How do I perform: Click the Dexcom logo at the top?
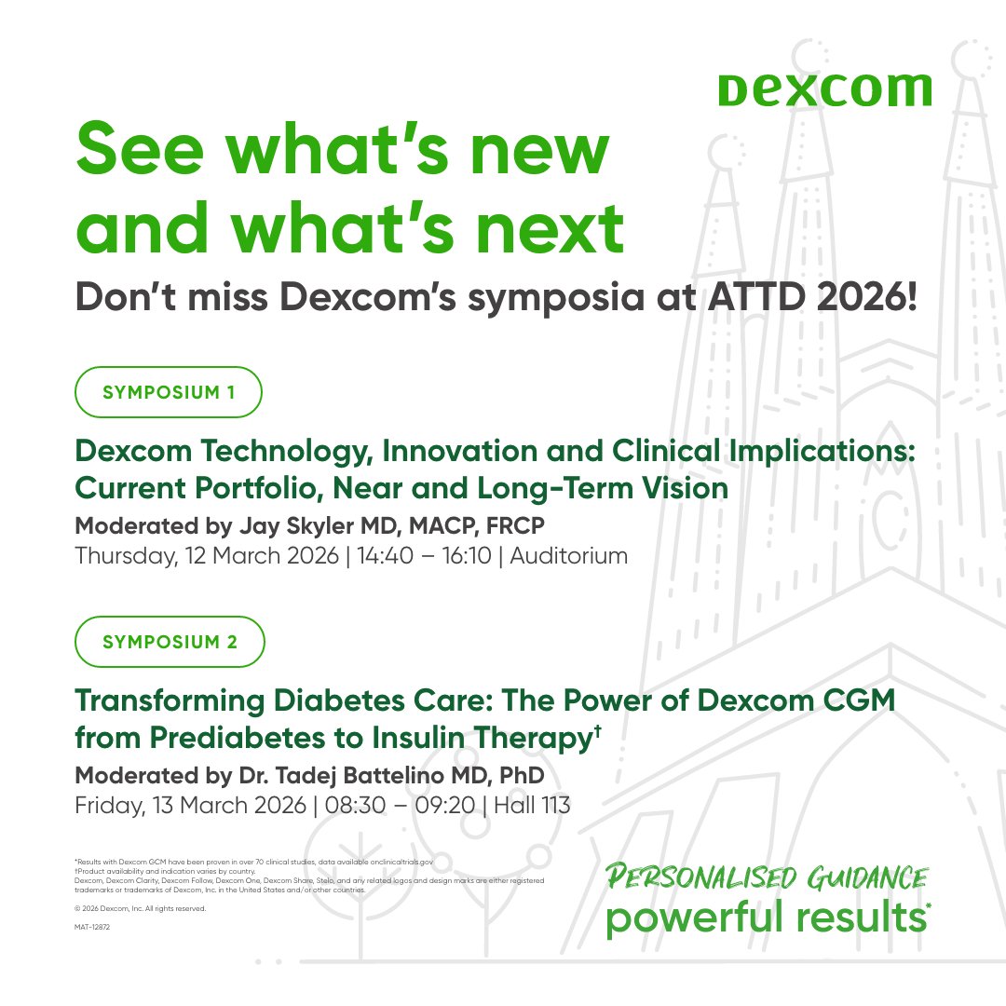824,89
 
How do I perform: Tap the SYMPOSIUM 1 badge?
169,392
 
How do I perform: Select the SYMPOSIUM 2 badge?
170,642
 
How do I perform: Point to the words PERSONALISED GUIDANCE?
767,877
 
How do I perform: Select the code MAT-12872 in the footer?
92,928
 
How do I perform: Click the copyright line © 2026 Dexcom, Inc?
140,908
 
